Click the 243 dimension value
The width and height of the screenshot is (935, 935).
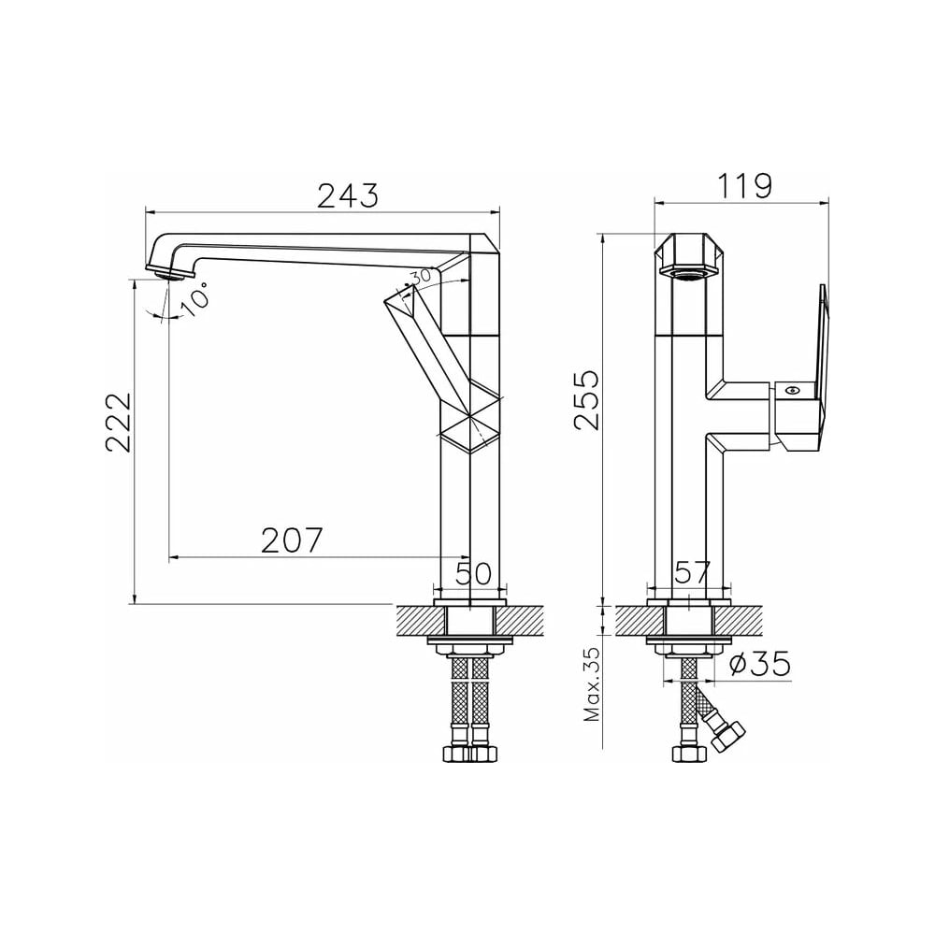pyautogui.click(x=348, y=195)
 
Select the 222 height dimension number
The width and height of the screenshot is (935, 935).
pyautogui.click(x=119, y=422)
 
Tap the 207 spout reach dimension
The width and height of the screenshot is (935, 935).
pyautogui.click(x=292, y=540)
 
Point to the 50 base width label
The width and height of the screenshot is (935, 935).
pyautogui.click(x=473, y=573)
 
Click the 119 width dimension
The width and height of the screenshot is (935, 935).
pyautogui.click(x=744, y=186)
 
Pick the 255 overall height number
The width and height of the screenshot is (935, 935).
pyautogui.click(x=587, y=399)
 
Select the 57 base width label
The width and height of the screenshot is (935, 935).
pyautogui.click(x=692, y=572)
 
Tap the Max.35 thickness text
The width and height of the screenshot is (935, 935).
pyautogui.click(x=593, y=684)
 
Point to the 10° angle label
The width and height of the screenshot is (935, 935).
pyautogui.click(x=195, y=298)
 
